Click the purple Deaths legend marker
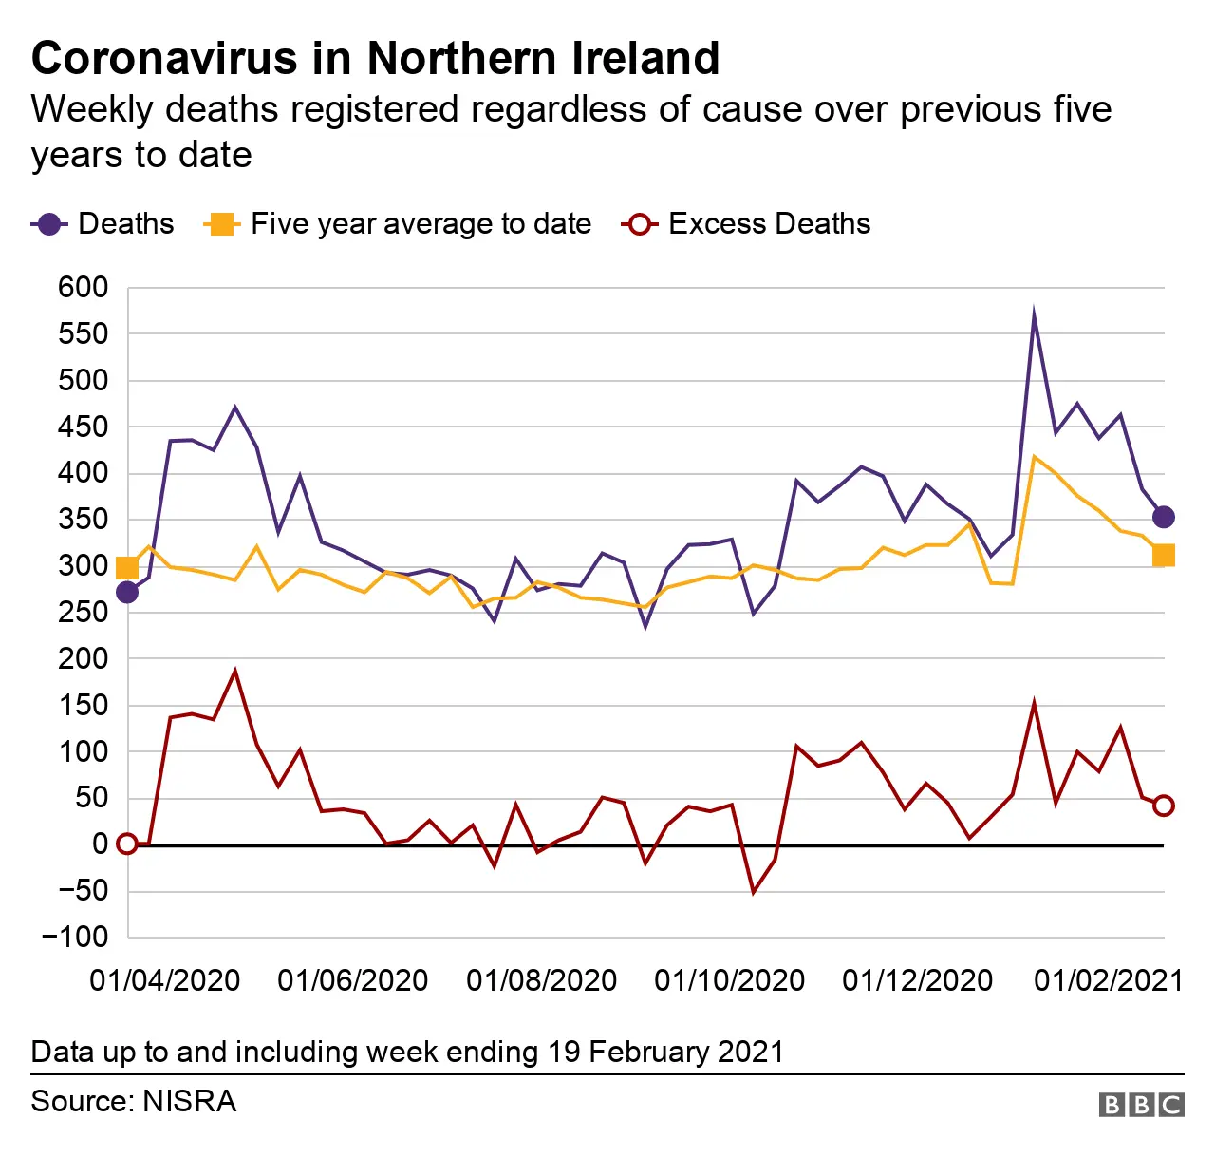pos(49,224)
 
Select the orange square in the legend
pos(220,224)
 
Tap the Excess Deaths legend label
pos(769,224)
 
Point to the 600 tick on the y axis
pos(84,287)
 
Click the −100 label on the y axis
pos(75,937)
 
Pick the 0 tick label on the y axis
pos(100,844)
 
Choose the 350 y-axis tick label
pos(84,520)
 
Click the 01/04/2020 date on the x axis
pos(164,980)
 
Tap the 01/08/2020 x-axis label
pos(541,980)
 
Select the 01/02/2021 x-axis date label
pos(1108,980)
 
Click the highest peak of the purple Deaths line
pos(1034,313)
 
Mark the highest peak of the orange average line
pos(1034,457)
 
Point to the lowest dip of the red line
pos(754,892)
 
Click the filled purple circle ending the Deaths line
pos(1163,517)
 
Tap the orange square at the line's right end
pos(1163,555)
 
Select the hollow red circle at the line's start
pos(126,844)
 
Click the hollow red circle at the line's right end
pos(1163,806)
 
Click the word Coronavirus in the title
pos(164,58)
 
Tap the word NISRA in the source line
pos(189,1102)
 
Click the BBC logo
pos(1141,1105)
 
